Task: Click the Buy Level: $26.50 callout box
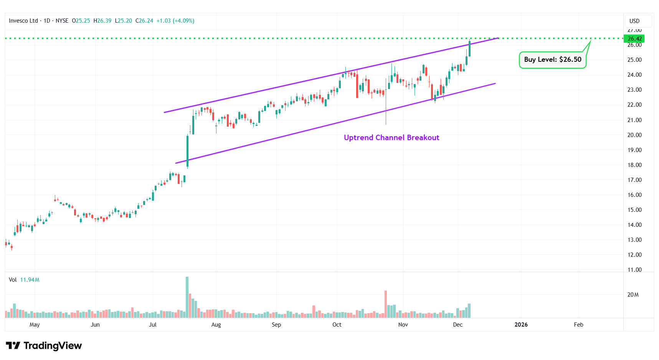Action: click(552, 60)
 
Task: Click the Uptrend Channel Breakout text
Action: click(391, 138)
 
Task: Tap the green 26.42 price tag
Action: click(634, 39)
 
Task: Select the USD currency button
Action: click(634, 21)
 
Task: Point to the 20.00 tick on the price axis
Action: click(634, 135)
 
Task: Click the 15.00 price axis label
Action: click(634, 210)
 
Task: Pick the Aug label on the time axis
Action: click(216, 325)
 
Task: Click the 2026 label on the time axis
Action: click(521, 325)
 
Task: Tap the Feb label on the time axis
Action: click(578, 325)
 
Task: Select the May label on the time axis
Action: click(35, 325)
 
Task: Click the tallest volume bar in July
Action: click(187, 297)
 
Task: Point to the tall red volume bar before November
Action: click(386, 304)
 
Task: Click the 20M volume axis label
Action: click(633, 295)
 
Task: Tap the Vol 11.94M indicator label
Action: click(24, 280)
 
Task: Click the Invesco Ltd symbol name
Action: click(23, 21)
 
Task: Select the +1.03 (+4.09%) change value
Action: click(175, 21)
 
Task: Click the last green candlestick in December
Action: click(469, 49)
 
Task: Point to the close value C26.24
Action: click(144, 21)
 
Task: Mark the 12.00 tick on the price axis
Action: click(634, 255)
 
